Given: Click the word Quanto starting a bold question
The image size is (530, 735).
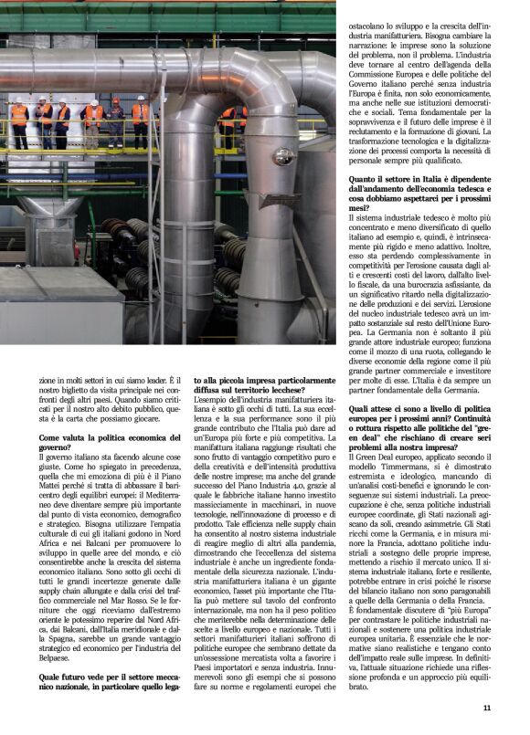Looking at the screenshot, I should (365, 180).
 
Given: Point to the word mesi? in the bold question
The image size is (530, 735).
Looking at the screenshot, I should (359, 208).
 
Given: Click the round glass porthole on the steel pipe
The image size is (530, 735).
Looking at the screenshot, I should (282, 156).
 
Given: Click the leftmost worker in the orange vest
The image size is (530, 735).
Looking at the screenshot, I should (19, 117).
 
